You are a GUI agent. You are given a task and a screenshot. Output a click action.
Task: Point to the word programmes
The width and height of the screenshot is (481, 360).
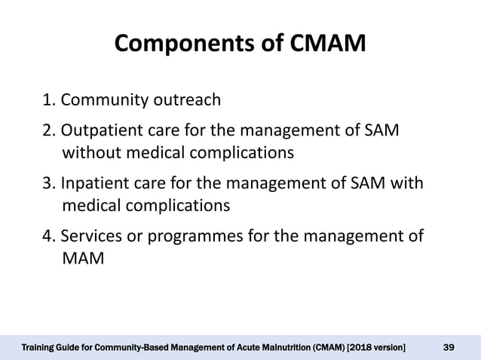pyautogui.click(x=190, y=237)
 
